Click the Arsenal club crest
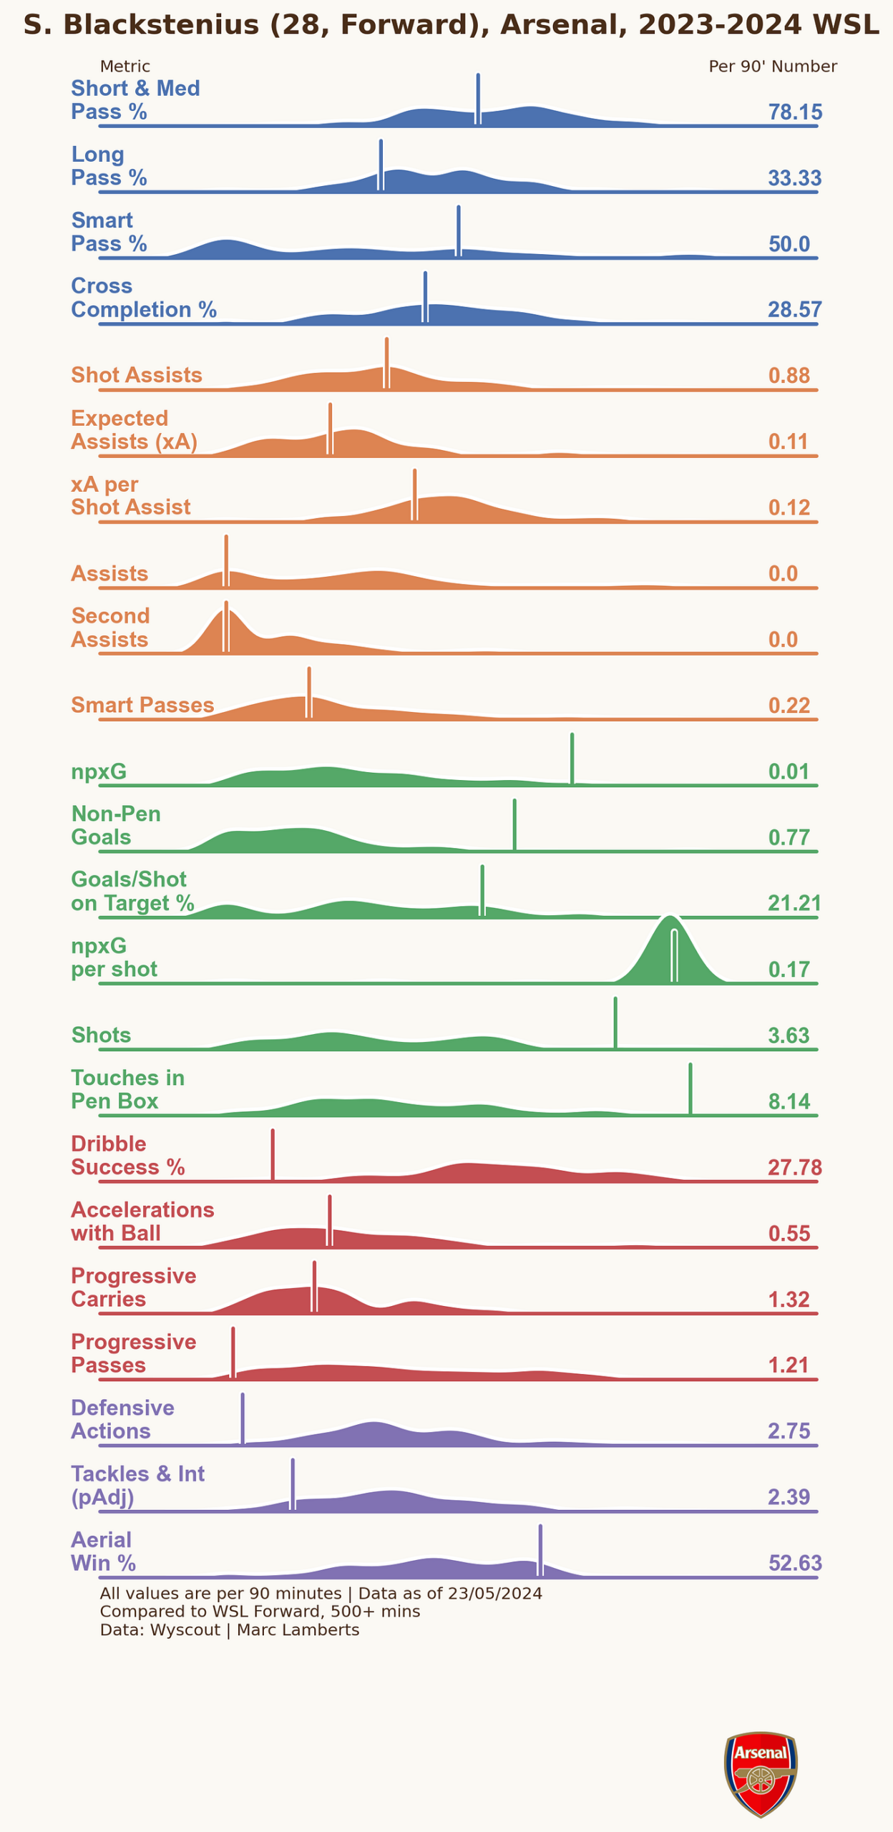(x=761, y=1773)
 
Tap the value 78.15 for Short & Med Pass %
(x=795, y=112)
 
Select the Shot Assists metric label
(x=137, y=375)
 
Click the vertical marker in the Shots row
(x=615, y=1023)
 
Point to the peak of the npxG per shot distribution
(x=670, y=917)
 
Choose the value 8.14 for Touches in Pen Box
(x=789, y=1101)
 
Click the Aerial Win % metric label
(x=104, y=1551)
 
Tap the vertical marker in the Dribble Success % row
(x=273, y=1155)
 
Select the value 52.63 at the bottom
(x=795, y=1564)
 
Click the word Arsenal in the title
(x=558, y=25)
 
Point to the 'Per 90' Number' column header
(x=773, y=67)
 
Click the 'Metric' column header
(x=125, y=67)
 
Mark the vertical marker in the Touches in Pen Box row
(x=691, y=1089)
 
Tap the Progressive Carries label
(x=134, y=1287)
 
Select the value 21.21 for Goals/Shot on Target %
(x=794, y=903)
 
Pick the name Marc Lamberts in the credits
(x=298, y=1630)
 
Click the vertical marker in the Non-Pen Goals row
(x=514, y=825)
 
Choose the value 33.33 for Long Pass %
(x=794, y=178)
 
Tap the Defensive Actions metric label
(x=122, y=1420)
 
